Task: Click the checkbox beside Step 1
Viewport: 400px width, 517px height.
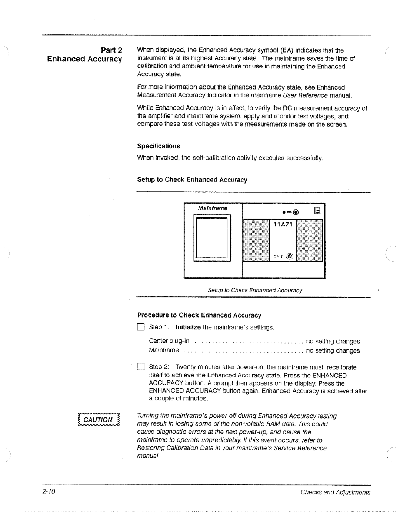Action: tap(140, 327)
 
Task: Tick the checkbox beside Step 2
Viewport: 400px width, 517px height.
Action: tap(140, 367)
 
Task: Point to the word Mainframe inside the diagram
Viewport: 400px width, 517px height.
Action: tap(213, 208)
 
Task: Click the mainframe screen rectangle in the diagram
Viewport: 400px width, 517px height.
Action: tap(212, 239)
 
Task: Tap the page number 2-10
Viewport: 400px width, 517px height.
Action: tap(48, 492)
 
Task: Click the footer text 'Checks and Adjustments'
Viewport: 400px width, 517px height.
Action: tap(335, 493)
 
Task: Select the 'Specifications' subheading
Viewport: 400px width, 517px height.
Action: tap(158, 146)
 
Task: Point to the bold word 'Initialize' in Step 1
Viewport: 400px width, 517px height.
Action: tap(188, 327)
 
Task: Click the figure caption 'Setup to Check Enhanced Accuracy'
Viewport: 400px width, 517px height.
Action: tap(255, 290)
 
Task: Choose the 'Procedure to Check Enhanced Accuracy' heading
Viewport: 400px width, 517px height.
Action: tap(199, 315)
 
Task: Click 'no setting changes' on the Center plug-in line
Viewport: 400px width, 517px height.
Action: tap(333, 341)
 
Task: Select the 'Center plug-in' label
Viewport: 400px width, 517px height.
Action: tap(169, 341)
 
